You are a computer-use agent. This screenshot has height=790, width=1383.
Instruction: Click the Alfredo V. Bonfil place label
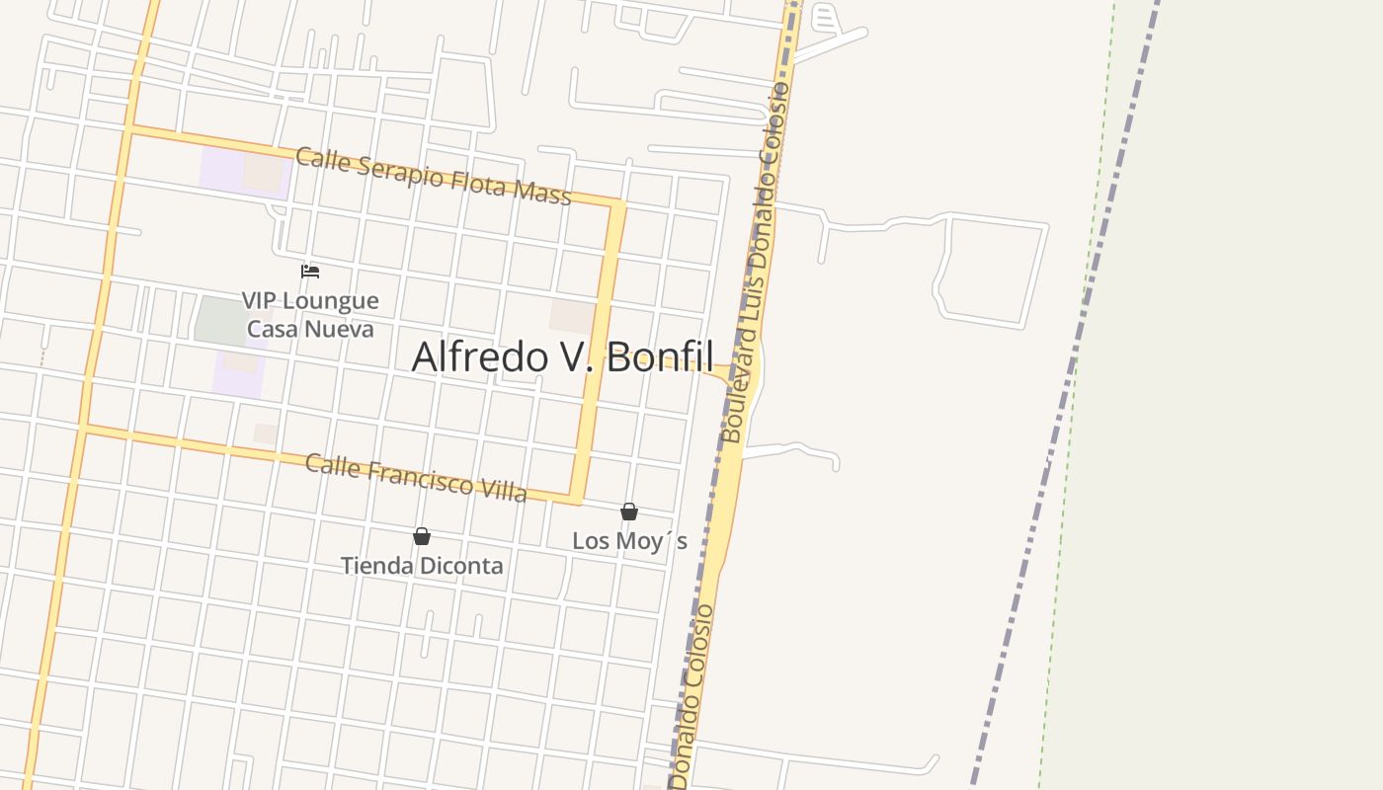[x=562, y=356]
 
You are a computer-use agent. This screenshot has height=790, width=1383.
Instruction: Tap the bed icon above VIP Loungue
[x=310, y=271]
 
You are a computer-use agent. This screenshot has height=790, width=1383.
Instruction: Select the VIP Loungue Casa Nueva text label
[x=310, y=314]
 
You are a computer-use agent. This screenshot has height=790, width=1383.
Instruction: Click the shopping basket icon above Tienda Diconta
[x=422, y=536]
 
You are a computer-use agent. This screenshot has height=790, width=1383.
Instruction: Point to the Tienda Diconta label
[x=422, y=566]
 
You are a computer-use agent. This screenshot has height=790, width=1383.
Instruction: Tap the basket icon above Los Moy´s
[x=629, y=512]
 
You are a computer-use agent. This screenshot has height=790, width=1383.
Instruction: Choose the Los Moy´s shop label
[x=629, y=540]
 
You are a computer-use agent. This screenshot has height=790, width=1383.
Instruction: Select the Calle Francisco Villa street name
[x=415, y=478]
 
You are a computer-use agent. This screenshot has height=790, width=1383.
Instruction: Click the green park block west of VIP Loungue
[x=221, y=321]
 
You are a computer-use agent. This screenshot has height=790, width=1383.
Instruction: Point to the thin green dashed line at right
[x=1077, y=395]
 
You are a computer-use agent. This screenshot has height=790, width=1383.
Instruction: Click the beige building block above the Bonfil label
[x=572, y=316]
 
